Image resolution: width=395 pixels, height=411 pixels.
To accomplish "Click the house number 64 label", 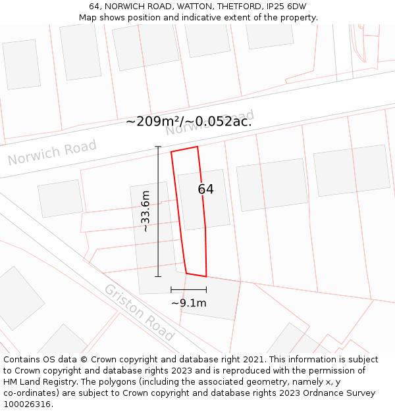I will (x=205, y=189).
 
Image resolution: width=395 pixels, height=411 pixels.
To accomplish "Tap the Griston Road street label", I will (x=139, y=312).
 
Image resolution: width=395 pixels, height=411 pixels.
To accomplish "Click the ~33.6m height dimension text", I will (x=145, y=211).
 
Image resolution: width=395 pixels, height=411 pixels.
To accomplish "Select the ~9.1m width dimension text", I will (x=189, y=303).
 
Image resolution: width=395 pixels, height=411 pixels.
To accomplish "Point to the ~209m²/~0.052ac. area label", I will (x=189, y=121).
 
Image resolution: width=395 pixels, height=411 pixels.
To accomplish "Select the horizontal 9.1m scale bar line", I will (x=189, y=289).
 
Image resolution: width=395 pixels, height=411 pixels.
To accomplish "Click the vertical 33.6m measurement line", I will (x=158, y=211).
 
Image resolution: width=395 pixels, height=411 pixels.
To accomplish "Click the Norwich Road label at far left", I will (x=52, y=153).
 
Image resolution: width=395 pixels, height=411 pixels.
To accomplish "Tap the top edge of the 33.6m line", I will (x=158, y=147).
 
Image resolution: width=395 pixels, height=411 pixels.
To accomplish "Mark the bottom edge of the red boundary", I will (x=196, y=275).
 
